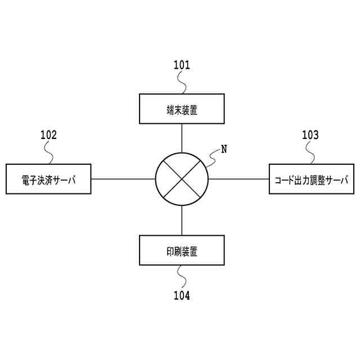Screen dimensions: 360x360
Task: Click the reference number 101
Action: pyautogui.click(x=181, y=65)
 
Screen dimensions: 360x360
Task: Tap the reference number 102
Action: pyautogui.click(x=48, y=134)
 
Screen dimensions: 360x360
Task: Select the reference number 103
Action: pyautogui.click(x=310, y=134)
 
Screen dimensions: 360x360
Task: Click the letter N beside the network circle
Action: pyautogui.click(x=224, y=149)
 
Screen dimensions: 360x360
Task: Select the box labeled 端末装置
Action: pyautogui.click(x=182, y=109)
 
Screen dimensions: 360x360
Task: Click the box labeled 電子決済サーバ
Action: pyautogui.click(x=48, y=179)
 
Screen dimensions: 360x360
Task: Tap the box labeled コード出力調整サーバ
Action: pyautogui.click(x=312, y=179)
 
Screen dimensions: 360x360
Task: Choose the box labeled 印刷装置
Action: pyautogui.click(x=182, y=250)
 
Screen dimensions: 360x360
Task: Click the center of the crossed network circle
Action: pyautogui.click(x=182, y=179)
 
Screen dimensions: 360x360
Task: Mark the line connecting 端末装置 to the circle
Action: pyautogui.click(x=182, y=137)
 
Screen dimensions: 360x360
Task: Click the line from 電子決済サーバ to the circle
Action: pyautogui.click(x=123, y=179)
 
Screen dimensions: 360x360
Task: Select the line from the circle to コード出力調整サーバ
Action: pyautogui.click(x=238, y=179)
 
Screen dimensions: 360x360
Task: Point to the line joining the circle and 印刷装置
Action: pyautogui.click(x=182, y=220)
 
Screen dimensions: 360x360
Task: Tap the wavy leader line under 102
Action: pyautogui.click(x=49, y=153)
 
